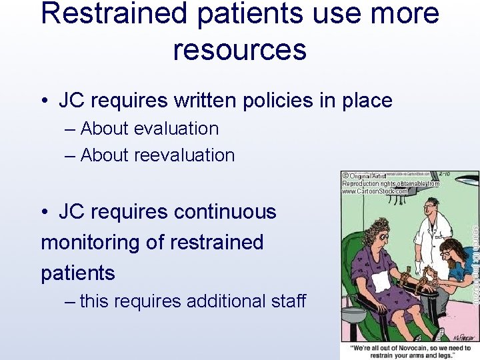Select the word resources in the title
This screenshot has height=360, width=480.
[240, 50]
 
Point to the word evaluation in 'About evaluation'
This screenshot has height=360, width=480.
[176, 129]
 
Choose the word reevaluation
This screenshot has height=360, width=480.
[185, 155]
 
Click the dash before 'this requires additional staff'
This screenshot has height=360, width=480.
[71, 301]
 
